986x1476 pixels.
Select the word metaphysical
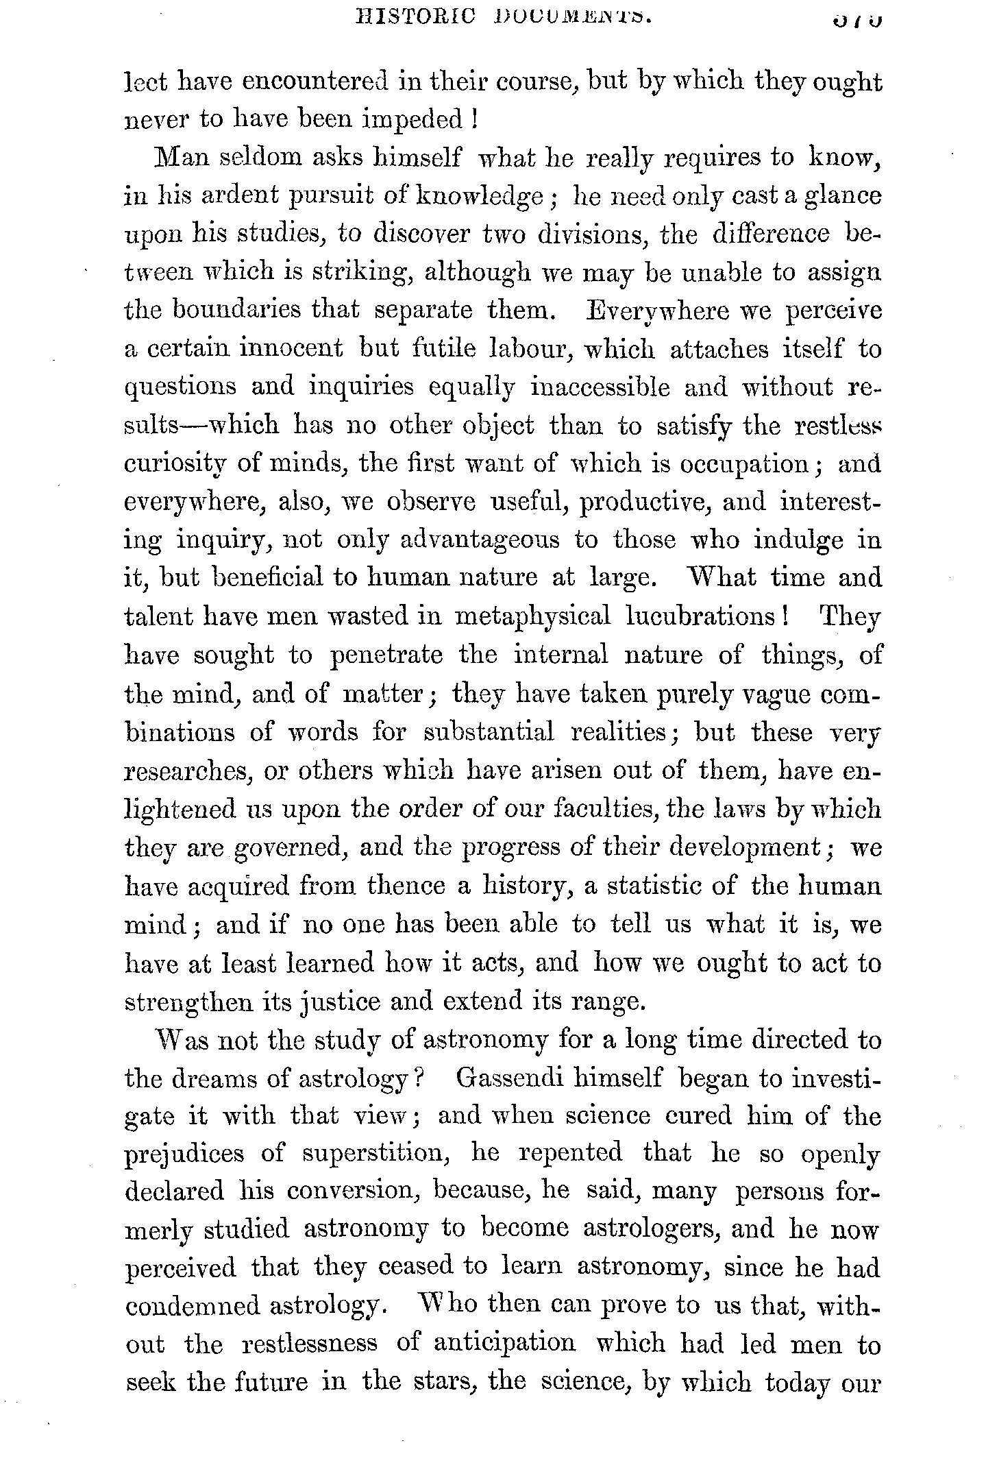pos(532,617)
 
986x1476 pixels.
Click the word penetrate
pos(386,655)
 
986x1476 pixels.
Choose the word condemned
pos(191,1307)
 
